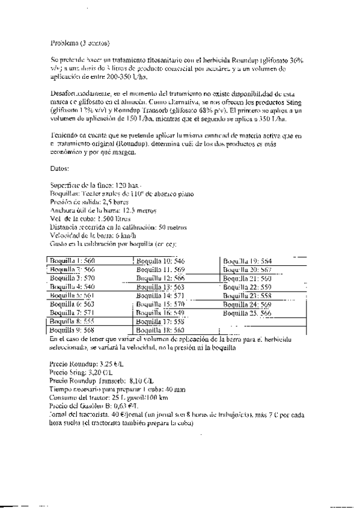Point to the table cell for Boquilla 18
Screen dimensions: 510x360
(160, 330)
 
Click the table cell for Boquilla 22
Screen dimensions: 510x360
(247, 287)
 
